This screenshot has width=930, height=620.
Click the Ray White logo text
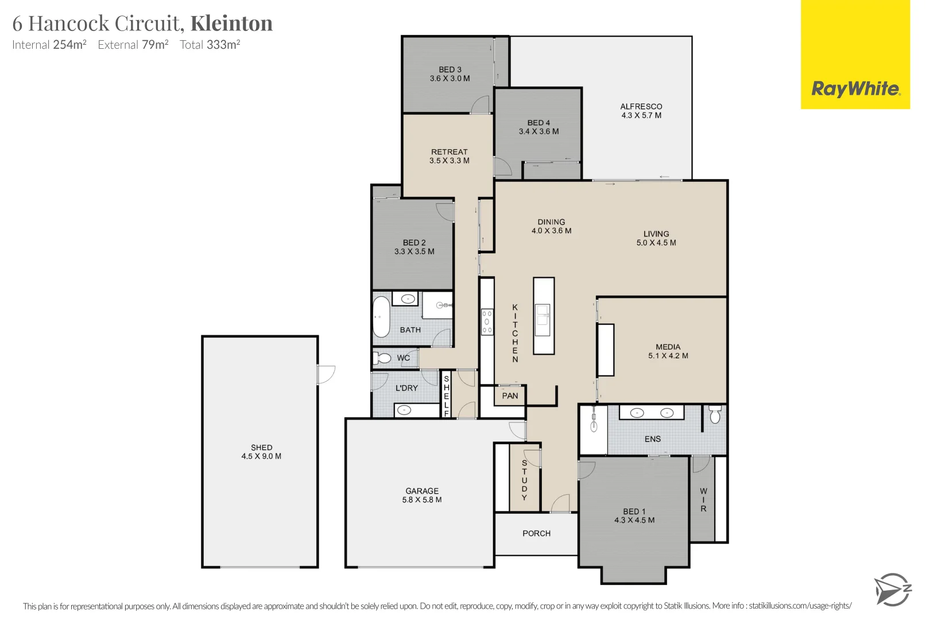(x=855, y=89)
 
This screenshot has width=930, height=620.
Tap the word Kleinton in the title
(x=231, y=24)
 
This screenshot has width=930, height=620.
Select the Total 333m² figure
(x=210, y=45)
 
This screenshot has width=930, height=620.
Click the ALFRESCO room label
(x=641, y=107)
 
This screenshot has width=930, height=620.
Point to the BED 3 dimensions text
(x=449, y=79)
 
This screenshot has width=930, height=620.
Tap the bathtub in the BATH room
(x=381, y=316)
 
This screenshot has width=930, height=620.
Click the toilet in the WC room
(x=383, y=358)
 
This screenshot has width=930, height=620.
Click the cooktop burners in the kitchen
(x=487, y=322)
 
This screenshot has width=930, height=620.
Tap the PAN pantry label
(x=510, y=396)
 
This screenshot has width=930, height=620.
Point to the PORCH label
(x=536, y=533)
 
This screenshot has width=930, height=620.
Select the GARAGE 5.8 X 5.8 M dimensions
(x=422, y=500)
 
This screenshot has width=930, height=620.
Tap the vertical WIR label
(x=703, y=500)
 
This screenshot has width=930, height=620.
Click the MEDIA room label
(x=668, y=347)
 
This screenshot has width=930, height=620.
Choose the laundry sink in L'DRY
(x=404, y=410)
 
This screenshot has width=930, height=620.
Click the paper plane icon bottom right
(x=892, y=590)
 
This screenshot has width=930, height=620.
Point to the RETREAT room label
(x=449, y=152)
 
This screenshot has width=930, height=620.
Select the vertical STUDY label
(x=524, y=480)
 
